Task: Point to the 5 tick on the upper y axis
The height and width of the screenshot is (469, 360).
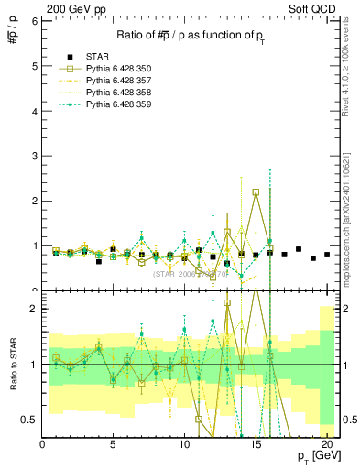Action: (x=35, y=66)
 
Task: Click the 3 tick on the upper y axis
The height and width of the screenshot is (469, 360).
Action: (x=35, y=156)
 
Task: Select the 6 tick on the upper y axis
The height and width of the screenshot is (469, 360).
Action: (x=35, y=21)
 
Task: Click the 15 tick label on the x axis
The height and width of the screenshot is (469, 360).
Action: (x=256, y=444)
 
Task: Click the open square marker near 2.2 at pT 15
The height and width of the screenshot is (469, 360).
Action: (x=256, y=192)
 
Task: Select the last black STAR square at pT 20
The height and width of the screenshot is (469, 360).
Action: (x=327, y=254)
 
